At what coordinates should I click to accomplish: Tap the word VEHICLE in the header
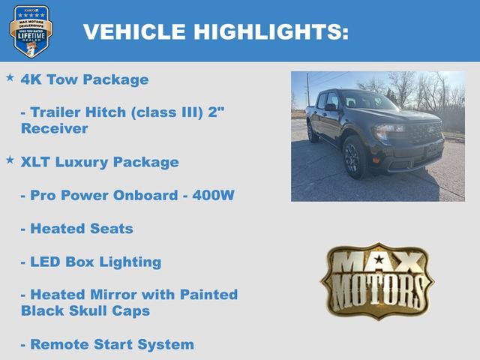click(134, 31)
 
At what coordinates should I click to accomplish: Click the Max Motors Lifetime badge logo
click(31, 31)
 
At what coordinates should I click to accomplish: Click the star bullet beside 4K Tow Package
click(10, 77)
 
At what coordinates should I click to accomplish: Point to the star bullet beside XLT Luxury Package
click(10, 160)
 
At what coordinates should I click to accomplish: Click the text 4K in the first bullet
click(31, 79)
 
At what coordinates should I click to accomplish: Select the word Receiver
click(55, 129)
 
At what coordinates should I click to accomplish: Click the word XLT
click(38, 162)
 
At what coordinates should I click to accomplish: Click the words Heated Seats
click(81, 229)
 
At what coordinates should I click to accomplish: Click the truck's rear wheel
click(312, 131)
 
